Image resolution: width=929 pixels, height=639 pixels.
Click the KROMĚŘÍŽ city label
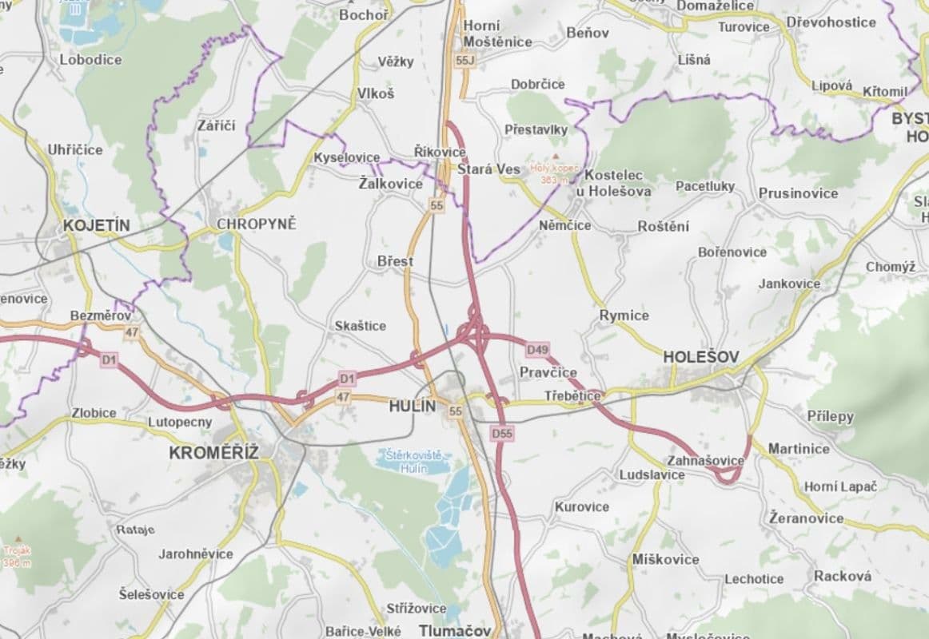(213, 453)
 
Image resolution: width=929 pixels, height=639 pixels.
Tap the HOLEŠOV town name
(702, 356)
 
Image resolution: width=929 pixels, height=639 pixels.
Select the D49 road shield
(537, 350)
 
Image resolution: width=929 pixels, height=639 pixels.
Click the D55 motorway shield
(502, 433)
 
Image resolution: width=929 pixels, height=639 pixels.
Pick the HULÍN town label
(413, 406)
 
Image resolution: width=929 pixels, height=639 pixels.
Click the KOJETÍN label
(96, 226)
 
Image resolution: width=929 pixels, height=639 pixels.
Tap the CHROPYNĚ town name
(256, 224)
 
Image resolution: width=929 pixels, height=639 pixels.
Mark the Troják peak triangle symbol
(18, 538)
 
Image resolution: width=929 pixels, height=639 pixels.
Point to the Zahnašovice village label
(705, 461)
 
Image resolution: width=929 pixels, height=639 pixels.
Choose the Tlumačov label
(454, 630)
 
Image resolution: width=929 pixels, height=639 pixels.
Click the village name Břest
(396, 261)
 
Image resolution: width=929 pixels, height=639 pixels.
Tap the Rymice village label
(624, 316)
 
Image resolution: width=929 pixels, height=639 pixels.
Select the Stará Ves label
(488, 169)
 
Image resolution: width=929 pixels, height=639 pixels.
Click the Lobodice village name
(90, 59)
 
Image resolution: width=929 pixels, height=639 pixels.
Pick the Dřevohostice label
(831, 22)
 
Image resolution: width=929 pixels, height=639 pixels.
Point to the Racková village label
(843, 576)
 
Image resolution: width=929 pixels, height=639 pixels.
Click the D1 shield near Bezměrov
(109, 361)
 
